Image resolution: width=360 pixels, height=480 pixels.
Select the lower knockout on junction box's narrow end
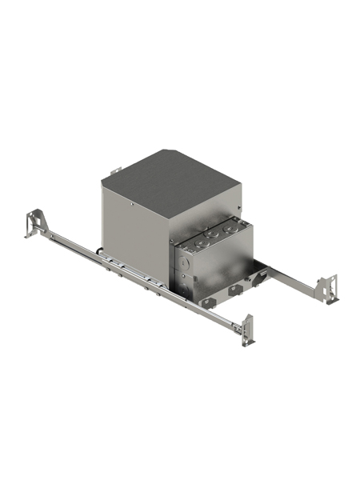click(186, 282)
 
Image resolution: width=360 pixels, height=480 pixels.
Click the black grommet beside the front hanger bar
click(95, 257)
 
